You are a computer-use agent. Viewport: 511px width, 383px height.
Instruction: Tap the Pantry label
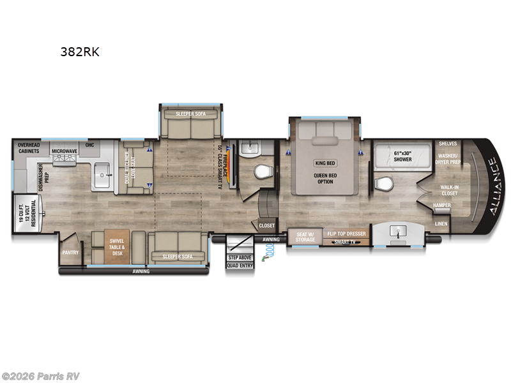click(x=70, y=252)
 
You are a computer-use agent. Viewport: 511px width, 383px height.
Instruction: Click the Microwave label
click(x=65, y=151)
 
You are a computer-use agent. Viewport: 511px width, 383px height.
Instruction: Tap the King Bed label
click(x=326, y=163)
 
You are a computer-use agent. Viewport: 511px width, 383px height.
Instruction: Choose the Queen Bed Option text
click(x=326, y=179)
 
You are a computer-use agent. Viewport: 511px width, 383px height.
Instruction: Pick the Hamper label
click(x=441, y=205)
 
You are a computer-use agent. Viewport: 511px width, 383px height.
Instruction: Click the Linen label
click(x=441, y=223)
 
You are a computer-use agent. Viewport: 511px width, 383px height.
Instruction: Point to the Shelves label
click(x=448, y=144)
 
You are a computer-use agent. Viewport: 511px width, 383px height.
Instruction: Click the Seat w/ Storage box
click(x=305, y=236)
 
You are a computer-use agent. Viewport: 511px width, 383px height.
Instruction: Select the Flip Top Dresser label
click(x=347, y=234)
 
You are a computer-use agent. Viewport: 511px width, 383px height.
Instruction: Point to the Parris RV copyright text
click(x=41, y=376)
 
